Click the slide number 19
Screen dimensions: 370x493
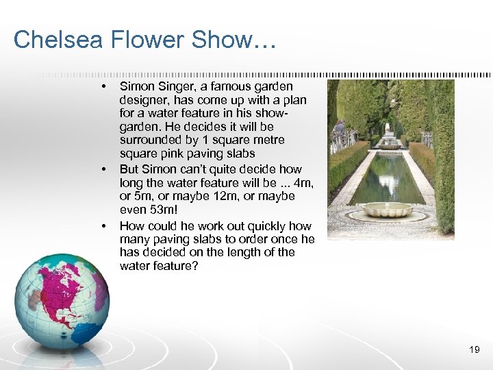475,350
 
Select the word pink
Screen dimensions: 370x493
173,153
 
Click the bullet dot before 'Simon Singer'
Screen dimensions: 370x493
103,87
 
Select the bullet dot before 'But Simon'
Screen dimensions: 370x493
103,169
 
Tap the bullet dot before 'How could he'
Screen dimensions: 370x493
103,226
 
